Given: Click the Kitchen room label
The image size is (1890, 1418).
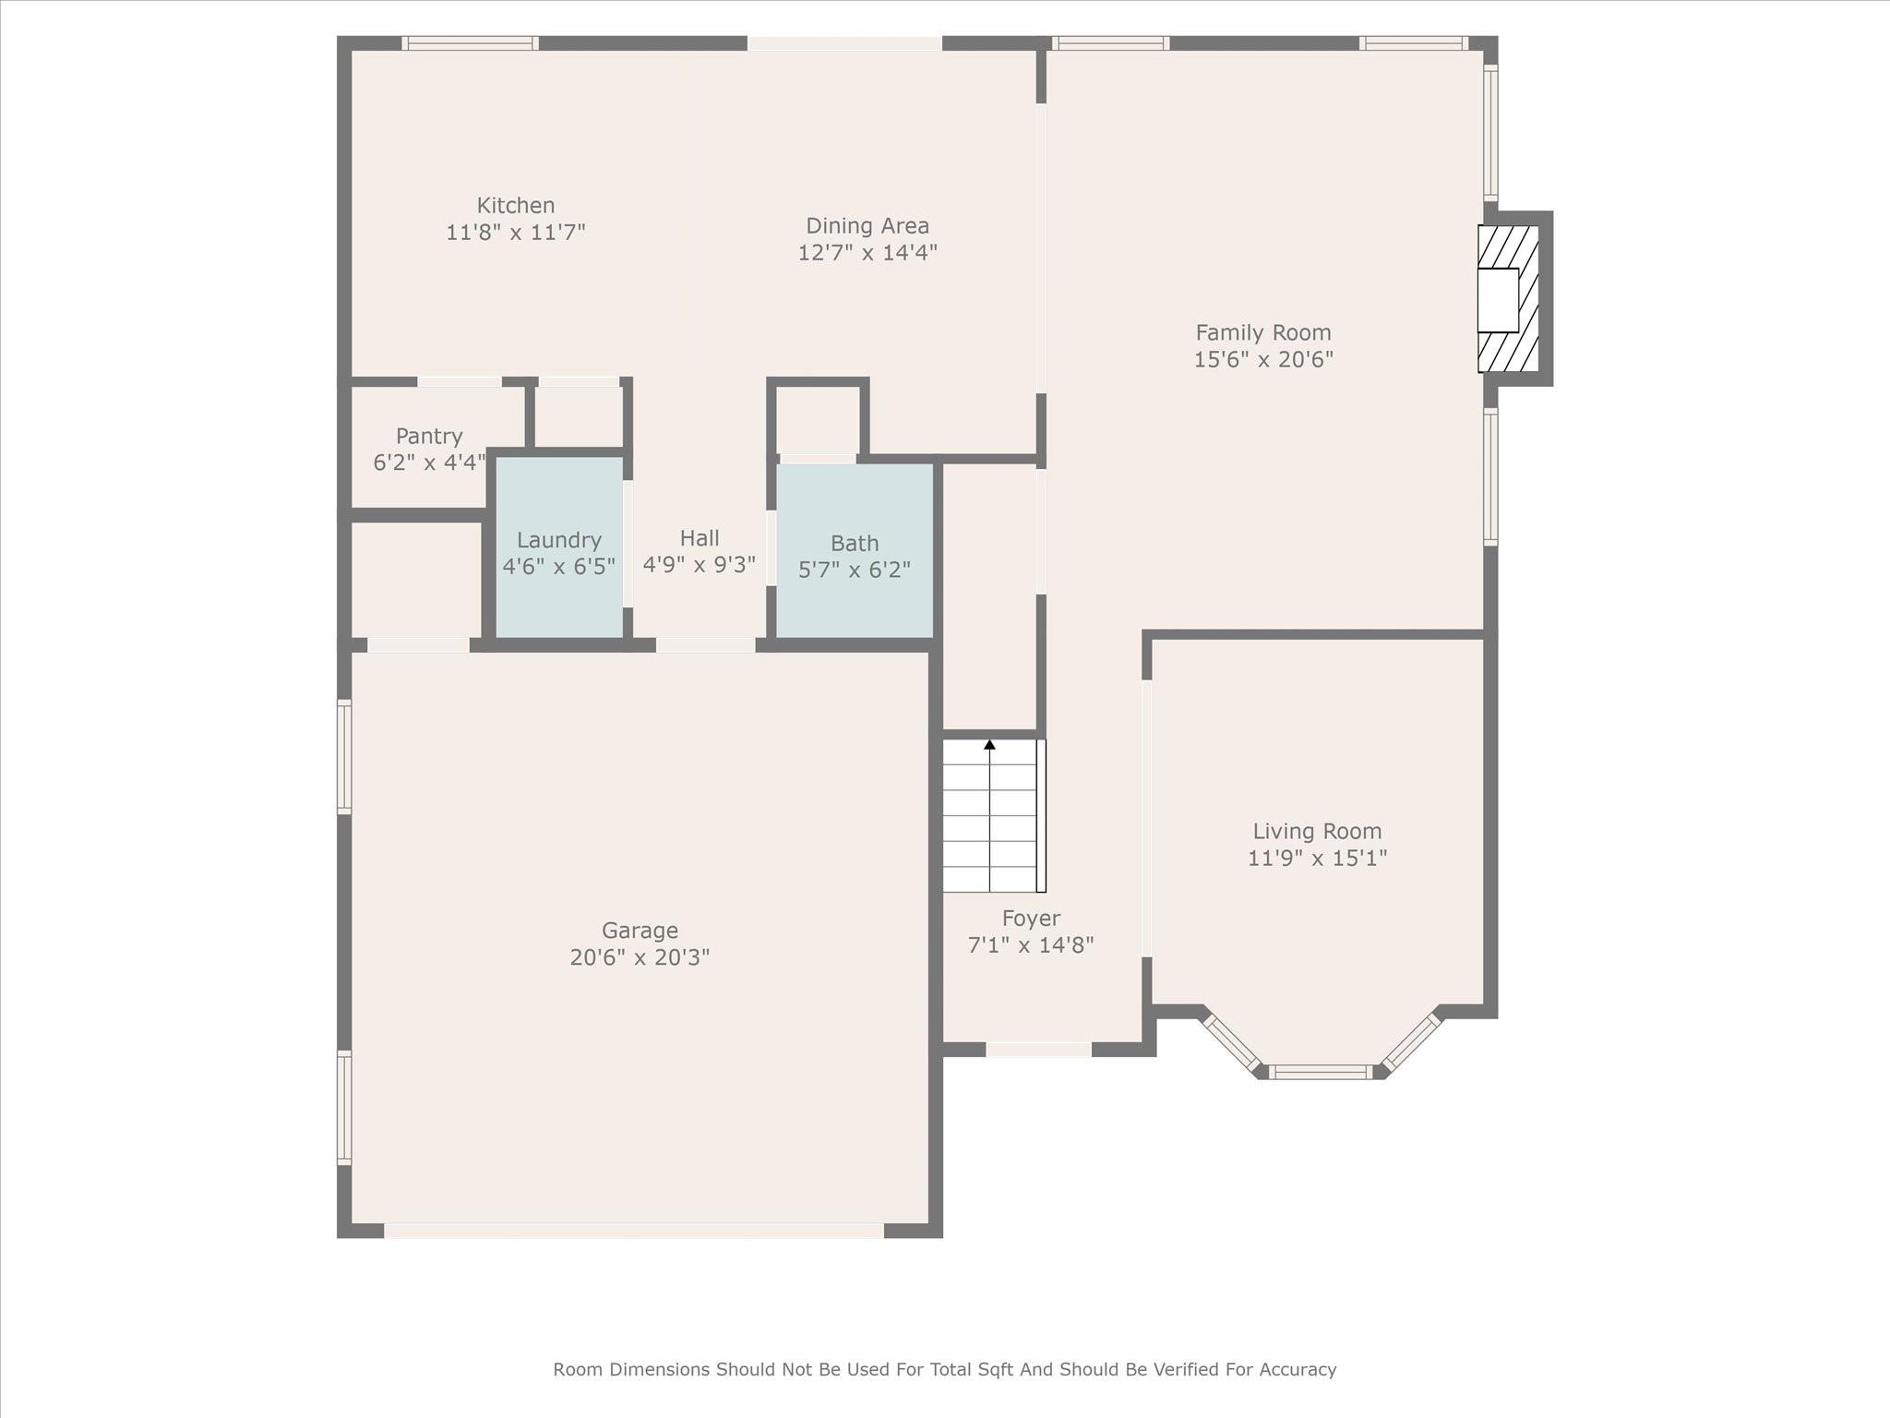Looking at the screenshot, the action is click(516, 205).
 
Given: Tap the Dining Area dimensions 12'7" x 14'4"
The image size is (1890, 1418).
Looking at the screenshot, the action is click(867, 252).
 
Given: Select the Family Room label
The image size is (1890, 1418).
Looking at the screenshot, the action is click(1263, 332).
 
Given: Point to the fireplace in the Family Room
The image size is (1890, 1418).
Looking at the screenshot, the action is click(1509, 299).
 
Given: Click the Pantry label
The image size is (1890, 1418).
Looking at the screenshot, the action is click(429, 436).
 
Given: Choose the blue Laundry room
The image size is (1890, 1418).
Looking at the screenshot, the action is click(559, 547).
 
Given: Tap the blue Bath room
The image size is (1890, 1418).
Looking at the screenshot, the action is click(855, 550).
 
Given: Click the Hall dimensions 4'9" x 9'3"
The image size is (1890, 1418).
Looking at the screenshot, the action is click(700, 564).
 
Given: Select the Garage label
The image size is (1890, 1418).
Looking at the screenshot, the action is click(640, 931).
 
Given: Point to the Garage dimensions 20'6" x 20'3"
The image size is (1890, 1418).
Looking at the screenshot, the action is click(640, 957).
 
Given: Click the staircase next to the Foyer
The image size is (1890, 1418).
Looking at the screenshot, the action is click(994, 816).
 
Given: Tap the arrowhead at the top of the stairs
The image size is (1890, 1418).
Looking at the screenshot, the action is click(990, 745).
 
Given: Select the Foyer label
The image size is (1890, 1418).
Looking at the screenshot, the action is click(1031, 919).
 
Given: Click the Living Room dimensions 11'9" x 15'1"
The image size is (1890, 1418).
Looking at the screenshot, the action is click(1317, 858).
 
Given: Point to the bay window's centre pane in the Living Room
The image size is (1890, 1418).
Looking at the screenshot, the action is click(1321, 1072).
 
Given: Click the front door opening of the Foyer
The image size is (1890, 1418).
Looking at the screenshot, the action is click(1039, 1050).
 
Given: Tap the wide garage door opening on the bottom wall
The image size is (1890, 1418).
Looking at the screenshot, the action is click(634, 1231).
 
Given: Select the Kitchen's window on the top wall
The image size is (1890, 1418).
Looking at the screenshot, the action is click(471, 42).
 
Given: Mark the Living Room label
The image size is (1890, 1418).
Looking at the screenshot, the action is click(1317, 831).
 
